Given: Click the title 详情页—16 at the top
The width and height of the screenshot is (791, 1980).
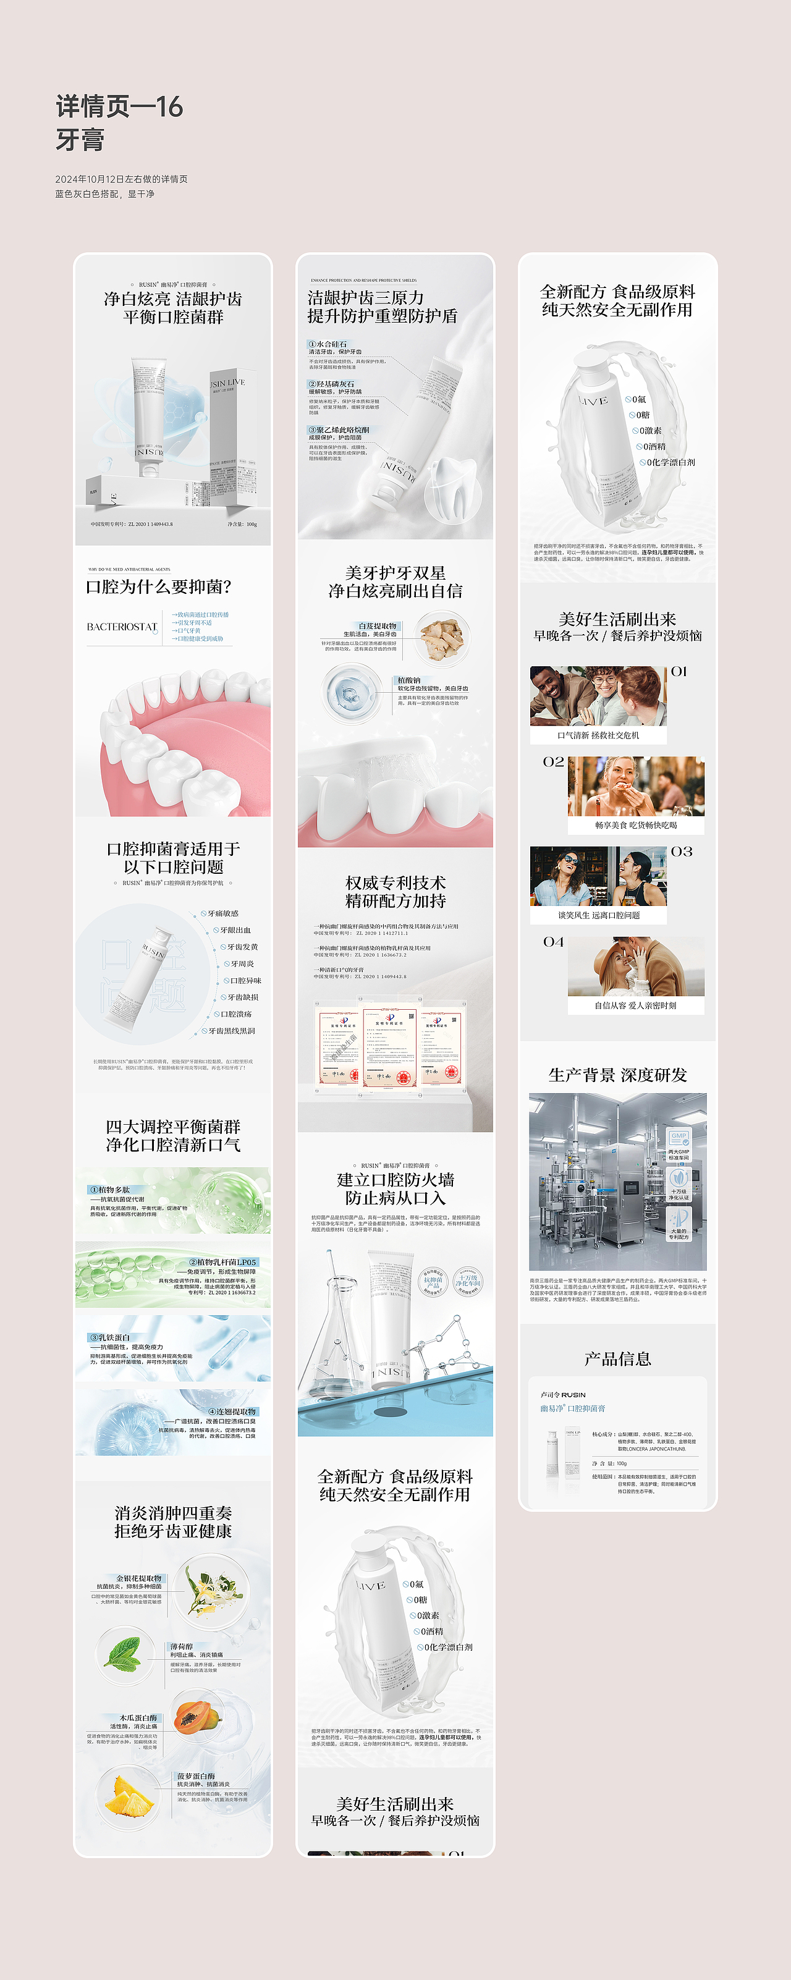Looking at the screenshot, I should [119, 107].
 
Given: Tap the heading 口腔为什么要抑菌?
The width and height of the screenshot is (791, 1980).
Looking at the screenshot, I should [158, 587].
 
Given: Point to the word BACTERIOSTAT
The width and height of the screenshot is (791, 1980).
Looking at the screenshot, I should [122, 627].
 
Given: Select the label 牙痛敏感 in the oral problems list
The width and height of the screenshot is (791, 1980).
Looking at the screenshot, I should [223, 913].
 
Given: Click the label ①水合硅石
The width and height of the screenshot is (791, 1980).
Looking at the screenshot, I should [328, 344].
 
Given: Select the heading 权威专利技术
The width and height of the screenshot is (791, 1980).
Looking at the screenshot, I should [395, 882].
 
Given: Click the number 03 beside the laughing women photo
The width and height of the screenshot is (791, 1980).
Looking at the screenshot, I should [681, 852].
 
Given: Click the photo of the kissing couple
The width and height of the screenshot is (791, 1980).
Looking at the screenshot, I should [636, 965].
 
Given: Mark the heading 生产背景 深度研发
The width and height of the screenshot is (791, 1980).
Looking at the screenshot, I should [617, 1075].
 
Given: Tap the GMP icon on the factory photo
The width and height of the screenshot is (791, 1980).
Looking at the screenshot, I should [679, 1138].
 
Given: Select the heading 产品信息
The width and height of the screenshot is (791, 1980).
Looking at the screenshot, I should [617, 1359].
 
